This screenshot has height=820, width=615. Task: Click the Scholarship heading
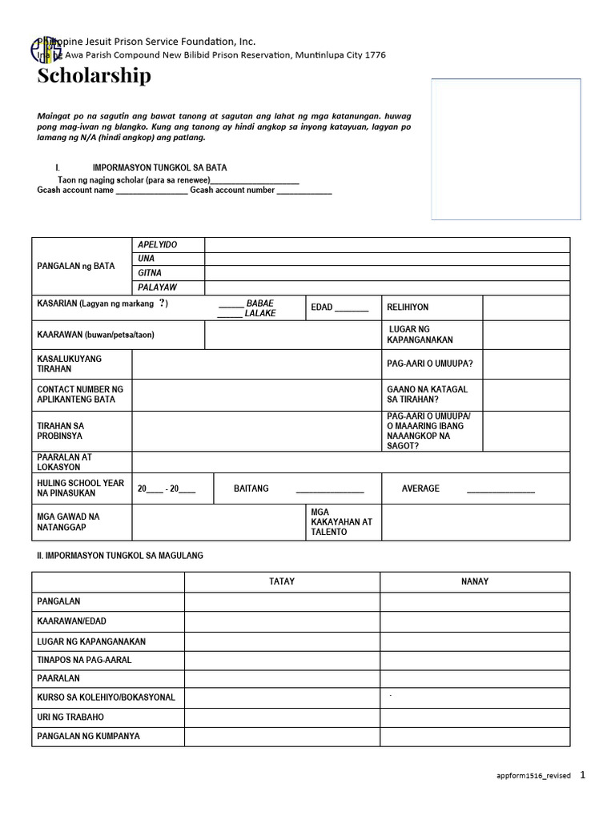pyautogui.click(x=94, y=76)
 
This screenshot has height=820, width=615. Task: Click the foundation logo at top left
pyautogui.click(x=46, y=50)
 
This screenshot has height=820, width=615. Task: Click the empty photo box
pyautogui.click(x=505, y=149)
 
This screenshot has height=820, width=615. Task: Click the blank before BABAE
pyautogui.click(x=230, y=303)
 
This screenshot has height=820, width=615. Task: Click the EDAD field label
pyautogui.click(x=321, y=307)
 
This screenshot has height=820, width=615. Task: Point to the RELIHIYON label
pyautogui.click(x=408, y=307)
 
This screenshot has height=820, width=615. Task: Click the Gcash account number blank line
pyautogui.click(x=303, y=191)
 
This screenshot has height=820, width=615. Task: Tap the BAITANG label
pyautogui.click(x=251, y=488)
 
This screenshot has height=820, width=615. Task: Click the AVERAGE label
pyautogui.click(x=420, y=488)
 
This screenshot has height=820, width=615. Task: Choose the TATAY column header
pyautogui.click(x=282, y=581)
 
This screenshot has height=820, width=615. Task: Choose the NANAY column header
pyautogui.click(x=475, y=581)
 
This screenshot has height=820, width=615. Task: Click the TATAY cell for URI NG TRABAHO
pyautogui.click(x=282, y=717)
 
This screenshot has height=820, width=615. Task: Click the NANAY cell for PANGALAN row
pyautogui.click(x=475, y=601)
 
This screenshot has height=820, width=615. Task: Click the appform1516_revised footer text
pyautogui.click(x=534, y=776)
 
